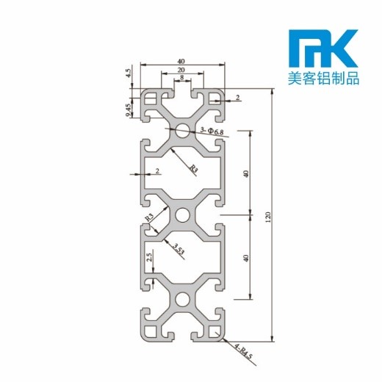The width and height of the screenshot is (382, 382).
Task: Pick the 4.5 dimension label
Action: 129,73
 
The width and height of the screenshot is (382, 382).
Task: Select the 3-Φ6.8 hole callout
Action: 212,130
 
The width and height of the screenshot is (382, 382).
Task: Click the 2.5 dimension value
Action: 150,258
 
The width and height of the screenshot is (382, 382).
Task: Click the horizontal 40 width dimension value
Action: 180,62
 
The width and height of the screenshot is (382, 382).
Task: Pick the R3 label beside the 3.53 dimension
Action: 150,217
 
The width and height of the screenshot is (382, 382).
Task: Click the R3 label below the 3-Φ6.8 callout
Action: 193,170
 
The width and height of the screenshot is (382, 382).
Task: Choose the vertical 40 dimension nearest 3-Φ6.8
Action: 246,173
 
